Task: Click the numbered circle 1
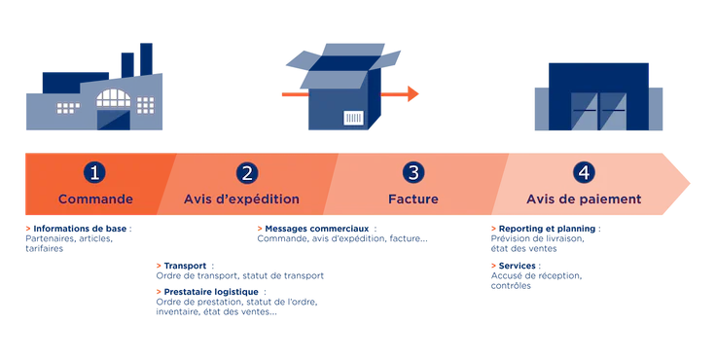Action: tap(94, 172)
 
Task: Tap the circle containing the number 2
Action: tap(247, 172)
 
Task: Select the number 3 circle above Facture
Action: tap(413, 172)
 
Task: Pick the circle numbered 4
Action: tap(583, 172)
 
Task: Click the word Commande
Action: tap(94, 199)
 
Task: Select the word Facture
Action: tap(413, 199)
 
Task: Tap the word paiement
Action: tap(611, 199)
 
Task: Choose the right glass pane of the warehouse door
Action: tap(613, 113)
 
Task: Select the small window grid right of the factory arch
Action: tap(146, 103)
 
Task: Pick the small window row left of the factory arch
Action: tap(69, 105)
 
